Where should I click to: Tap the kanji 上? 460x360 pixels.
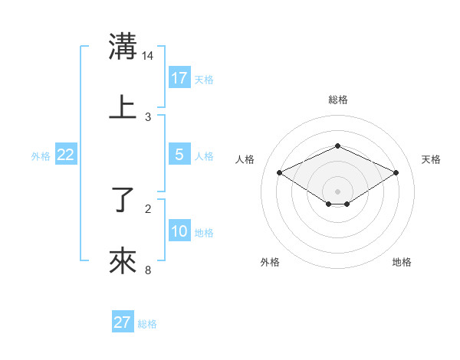[123, 106]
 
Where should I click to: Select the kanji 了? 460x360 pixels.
[123, 201]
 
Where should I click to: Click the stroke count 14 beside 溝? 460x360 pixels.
[148, 56]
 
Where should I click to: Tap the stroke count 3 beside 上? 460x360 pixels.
[148, 116]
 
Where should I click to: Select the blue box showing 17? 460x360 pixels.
[179, 78]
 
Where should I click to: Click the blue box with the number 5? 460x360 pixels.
[179, 155]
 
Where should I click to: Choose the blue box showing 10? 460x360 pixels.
[179, 231]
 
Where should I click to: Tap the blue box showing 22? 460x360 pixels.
[66, 155]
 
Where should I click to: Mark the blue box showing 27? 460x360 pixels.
[123, 322]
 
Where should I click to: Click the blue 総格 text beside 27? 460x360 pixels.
[147, 324]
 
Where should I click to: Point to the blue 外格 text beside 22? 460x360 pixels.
[41, 156]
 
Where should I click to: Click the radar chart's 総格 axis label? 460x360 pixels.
[337, 100]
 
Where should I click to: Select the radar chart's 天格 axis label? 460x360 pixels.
[431, 159]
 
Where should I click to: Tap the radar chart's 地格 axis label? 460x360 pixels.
[402, 262]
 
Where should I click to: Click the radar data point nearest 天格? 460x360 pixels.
[396, 172]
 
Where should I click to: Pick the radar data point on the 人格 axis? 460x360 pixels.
[279, 172]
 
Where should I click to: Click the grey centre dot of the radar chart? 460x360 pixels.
[337, 191]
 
